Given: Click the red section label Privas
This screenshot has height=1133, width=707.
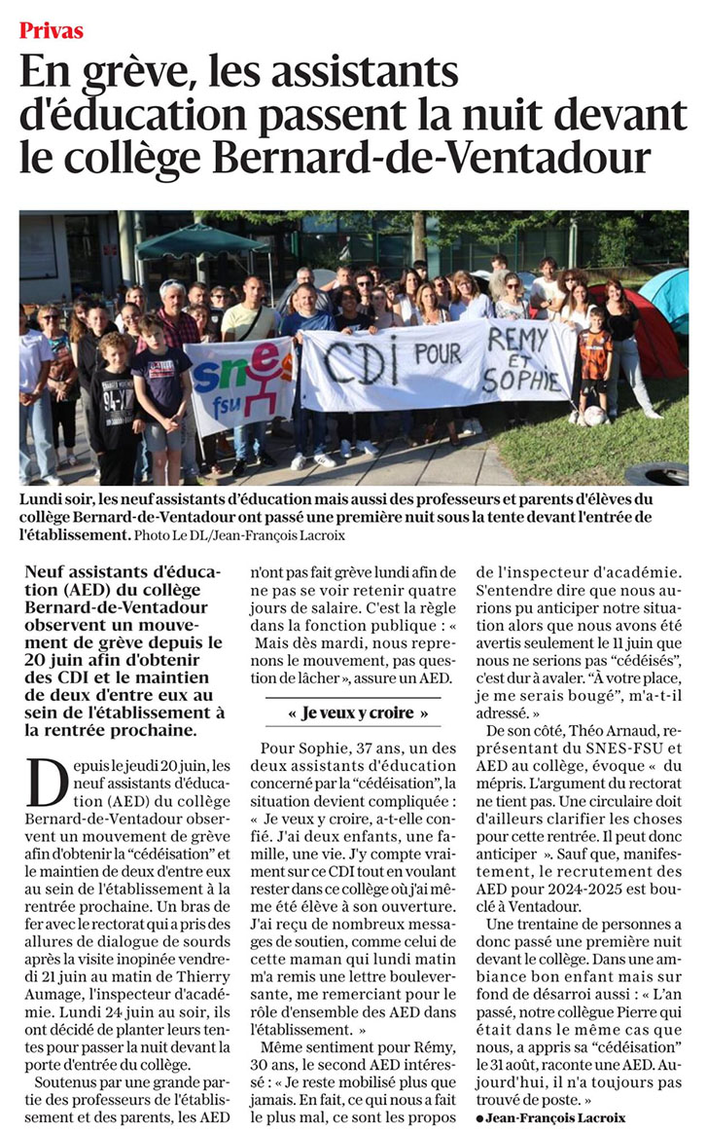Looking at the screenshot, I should [x=52, y=30].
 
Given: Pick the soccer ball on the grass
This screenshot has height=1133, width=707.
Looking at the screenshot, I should [x=593, y=417].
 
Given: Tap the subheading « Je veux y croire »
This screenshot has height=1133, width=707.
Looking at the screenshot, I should [x=345, y=713].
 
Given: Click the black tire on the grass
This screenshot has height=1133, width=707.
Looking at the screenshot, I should [x=656, y=474].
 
